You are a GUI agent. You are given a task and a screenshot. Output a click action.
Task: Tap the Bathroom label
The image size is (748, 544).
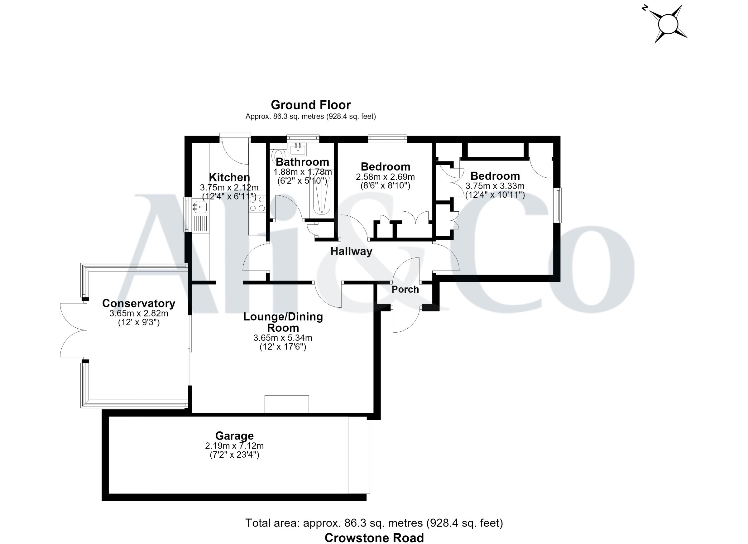[x=302, y=162]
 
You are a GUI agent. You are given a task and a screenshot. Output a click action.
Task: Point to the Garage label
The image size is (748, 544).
[x=234, y=436]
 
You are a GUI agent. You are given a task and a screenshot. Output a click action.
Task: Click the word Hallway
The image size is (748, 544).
[x=351, y=251]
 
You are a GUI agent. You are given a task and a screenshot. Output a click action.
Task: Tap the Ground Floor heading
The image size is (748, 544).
[x=311, y=105]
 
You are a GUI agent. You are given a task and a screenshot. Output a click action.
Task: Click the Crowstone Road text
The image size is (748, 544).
[x=374, y=538]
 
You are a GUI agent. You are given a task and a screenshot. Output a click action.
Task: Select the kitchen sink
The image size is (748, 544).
[x=200, y=207]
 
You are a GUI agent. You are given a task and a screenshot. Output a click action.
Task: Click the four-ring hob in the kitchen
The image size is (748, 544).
[x=257, y=204]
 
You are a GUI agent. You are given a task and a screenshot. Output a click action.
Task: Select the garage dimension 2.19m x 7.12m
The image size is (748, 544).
[x=234, y=446]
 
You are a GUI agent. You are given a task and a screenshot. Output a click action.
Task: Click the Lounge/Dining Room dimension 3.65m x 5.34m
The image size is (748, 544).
[x=283, y=338]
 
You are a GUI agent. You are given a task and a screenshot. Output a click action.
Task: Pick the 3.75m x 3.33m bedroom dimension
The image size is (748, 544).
[x=495, y=186]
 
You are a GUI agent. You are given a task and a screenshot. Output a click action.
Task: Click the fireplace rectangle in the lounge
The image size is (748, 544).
[x=287, y=404]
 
